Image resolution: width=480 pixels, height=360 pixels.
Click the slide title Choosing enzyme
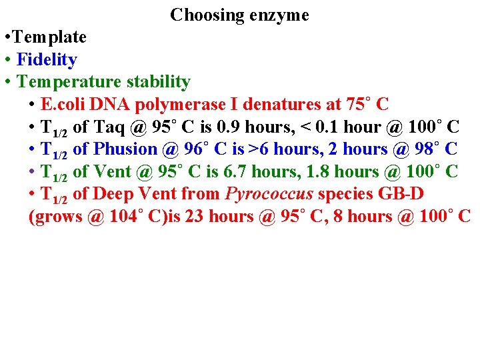pyautogui.click(x=239, y=15)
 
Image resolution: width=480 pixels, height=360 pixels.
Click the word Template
pyautogui.click(x=51, y=37)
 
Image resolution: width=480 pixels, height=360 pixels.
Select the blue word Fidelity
pyautogui.click(x=47, y=60)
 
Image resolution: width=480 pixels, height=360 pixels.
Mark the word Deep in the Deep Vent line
pyautogui.click(x=113, y=194)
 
